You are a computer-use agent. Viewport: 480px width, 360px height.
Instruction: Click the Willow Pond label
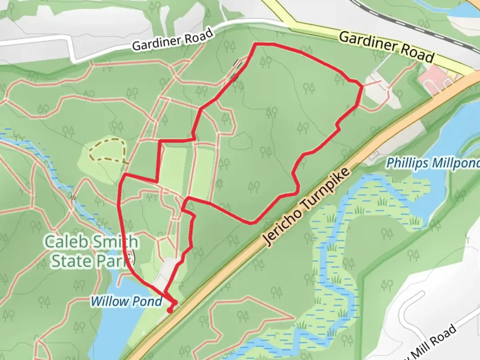pos(126,301)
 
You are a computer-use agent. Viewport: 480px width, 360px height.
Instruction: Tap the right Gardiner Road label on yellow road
pos(386,47)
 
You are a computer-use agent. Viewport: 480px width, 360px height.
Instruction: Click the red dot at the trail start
pos(170,311)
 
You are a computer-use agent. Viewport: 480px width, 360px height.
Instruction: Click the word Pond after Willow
pos(147,301)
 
